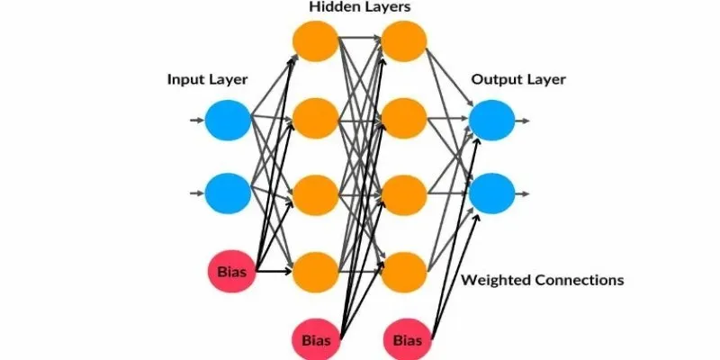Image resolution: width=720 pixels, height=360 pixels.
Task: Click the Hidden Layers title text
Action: pyautogui.click(x=360, y=7)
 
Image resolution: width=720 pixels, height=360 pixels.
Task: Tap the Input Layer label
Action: pyautogui.click(x=208, y=79)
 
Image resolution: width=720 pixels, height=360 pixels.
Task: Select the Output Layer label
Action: pyautogui.click(x=518, y=79)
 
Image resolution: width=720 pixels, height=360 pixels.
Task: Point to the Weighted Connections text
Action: pyautogui.click(x=542, y=280)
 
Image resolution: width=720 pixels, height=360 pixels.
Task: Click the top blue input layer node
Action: pyautogui.click(x=227, y=120)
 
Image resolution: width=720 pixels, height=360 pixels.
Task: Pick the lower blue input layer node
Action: pyautogui.click(x=227, y=191)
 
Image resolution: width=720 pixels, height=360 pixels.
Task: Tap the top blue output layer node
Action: pyautogui.click(x=491, y=120)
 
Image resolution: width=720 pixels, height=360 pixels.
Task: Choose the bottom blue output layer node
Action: pyautogui.click(x=491, y=191)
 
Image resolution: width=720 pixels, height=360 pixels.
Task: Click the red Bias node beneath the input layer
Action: pyautogui.click(x=231, y=270)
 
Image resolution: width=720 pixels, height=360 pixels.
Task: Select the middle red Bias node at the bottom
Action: pyautogui.click(x=316, y=340)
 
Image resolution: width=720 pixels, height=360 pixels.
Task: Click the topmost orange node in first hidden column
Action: pyautogui.click(x=315, y=40)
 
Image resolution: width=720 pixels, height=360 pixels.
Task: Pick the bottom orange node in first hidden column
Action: pyautogui.click(x=315, y=268)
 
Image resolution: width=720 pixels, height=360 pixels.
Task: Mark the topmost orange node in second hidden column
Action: pyautogui.click(x=404, y=40)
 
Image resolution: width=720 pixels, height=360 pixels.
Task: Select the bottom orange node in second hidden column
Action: pyautogui.click(x=404, y=268)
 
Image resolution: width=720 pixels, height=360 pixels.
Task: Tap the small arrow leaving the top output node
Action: pyautogui.click(x=523, y=120)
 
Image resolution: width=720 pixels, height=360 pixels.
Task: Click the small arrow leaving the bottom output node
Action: pyautogui.click(x=523, y=191)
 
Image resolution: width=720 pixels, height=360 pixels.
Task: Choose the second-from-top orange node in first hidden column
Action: pyautogui.click(x=315, y=116)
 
